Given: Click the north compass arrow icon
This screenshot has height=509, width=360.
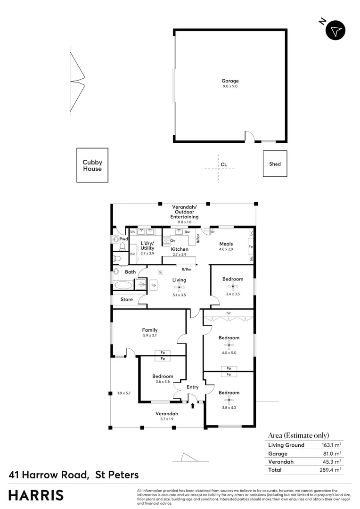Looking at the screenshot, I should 335,31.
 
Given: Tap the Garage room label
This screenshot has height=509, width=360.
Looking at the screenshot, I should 230,81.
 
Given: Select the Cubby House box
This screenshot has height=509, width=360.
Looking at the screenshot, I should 92,165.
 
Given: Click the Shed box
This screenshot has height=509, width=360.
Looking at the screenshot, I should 275,164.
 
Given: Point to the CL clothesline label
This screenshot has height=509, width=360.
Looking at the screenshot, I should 224,164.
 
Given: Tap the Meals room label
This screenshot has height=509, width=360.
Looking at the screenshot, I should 226,244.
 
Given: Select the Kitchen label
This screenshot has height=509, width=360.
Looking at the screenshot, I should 180,249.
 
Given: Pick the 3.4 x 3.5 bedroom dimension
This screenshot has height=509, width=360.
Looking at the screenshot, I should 233,294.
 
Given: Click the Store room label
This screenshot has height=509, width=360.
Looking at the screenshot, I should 127,299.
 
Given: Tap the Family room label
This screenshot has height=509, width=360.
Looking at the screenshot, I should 150,330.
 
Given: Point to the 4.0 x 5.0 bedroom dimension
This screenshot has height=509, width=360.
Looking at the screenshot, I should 229,352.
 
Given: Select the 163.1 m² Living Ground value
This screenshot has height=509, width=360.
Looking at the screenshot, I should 331,445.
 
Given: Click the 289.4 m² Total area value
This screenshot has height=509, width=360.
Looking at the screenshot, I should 331,470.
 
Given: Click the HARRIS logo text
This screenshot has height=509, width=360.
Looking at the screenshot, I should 36,495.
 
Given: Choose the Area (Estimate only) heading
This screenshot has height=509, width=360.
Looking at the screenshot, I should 298,435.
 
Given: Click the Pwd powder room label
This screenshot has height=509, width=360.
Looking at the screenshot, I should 123,239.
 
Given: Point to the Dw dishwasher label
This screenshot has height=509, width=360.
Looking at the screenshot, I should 187,232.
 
